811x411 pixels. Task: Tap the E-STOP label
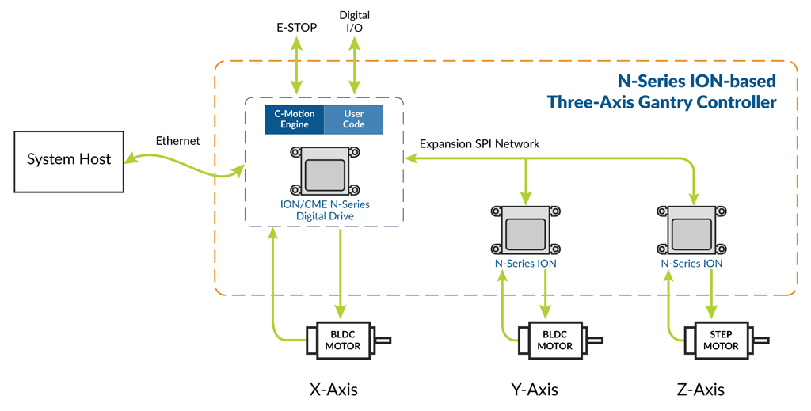click(x=297, y=28)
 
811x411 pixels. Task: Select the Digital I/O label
click(x=354, y=21)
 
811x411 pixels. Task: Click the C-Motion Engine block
click(x=295, y=120)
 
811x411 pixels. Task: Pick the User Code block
click(x=354, y=120)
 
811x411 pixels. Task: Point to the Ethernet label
click(x=178, y=141)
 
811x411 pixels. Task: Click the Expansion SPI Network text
click(x=479, y=143)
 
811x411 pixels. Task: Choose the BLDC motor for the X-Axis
click(x=342, y=341)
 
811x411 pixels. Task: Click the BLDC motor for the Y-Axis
click(x=554, y=341)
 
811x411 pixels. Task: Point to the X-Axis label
click(x=333, y=390)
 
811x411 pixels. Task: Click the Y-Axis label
click(x=534, y=390)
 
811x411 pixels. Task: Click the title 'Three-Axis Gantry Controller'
click(x=661, y=102)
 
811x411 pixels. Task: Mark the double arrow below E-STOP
click(x=297, y=66)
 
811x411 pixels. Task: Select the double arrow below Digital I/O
click(x=354, y=66)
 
